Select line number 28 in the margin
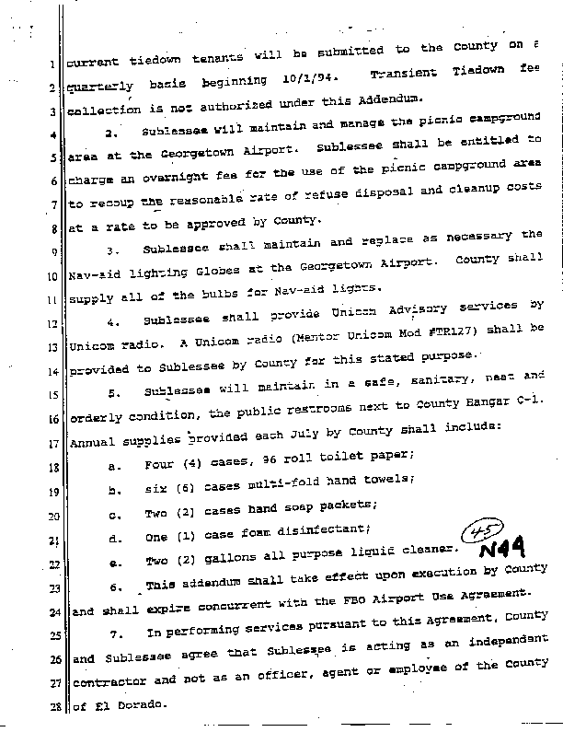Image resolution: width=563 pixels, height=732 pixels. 54,706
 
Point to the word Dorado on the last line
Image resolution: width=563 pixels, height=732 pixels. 140,707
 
